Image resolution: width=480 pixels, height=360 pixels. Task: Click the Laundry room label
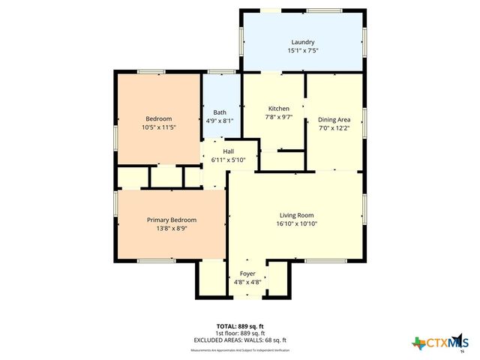coord(302,42)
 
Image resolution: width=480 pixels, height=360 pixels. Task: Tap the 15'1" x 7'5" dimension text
coord(302,51)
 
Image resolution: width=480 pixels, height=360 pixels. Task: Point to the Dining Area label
coord(334,119)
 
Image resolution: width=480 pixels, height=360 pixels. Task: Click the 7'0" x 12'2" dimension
coord(334,128)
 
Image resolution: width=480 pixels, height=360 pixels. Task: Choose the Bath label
coord(219,112)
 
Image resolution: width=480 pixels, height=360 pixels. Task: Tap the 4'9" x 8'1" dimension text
coord(219,121)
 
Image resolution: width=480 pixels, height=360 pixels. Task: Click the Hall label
coord(228,151)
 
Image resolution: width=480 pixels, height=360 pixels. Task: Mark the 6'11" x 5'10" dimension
coord(228,160)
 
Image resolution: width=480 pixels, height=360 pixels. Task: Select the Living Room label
coord(295,215)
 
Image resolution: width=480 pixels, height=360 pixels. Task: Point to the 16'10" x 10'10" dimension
coord(295,223)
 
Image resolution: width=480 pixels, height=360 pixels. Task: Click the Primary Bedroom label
coord(172,220)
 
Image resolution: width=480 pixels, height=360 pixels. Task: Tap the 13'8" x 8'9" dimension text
coord(172,228)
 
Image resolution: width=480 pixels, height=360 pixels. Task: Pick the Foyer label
coord(247,274)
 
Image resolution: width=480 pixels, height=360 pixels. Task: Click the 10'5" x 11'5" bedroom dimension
coord(158,127)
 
